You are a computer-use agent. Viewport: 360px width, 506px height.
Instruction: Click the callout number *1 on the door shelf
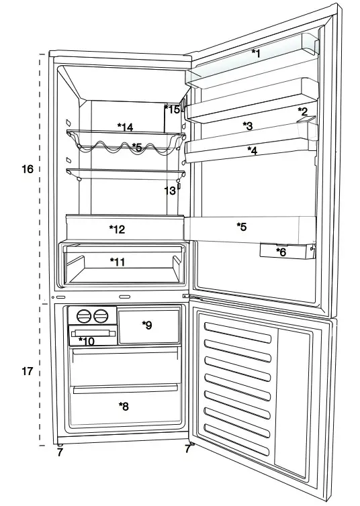pos(255,53)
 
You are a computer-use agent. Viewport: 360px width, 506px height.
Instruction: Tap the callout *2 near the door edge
pos(303,111)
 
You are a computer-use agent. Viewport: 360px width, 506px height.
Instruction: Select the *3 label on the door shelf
pos(247,125)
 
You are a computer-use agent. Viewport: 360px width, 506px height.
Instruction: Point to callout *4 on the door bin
pos(252,150)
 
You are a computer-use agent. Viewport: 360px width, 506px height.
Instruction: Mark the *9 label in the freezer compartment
pos(147,325)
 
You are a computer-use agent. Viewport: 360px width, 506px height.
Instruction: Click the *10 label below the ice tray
pos(87,341)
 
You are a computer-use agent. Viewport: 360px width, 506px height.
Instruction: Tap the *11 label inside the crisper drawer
pos(118,262)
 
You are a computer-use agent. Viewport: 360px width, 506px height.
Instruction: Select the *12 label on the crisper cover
pos(117,230)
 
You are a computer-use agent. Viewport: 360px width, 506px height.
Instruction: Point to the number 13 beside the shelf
pos(170,191)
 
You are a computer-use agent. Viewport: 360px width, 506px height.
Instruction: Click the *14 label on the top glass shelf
pos(125,127)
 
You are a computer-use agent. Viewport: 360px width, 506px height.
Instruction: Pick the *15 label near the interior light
pos(173,109)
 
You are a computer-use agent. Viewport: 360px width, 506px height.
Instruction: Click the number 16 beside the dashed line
pos(27,169)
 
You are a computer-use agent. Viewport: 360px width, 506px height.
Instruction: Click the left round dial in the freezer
pos(83,315)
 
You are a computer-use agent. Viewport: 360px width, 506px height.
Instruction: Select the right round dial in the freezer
pos(101,315)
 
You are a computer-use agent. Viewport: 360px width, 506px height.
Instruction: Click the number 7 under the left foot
pos(60,453)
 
